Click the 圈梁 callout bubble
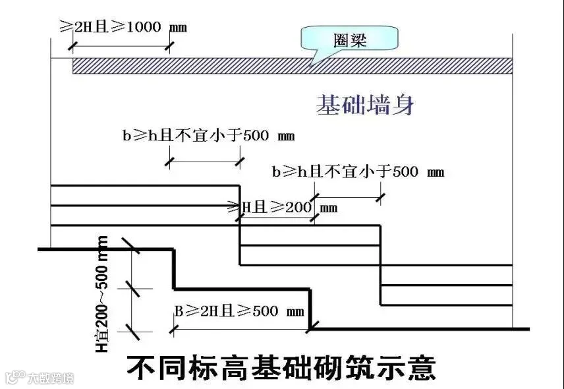[349, 38]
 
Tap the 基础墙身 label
[365, 105]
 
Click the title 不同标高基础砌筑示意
[281, 367]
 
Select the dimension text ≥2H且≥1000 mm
[123, 27]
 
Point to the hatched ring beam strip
[293, 66]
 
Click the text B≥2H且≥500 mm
[240, 311]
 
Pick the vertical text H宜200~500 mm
[101, 294]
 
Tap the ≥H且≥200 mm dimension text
[283, 207]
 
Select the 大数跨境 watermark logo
[40, 378]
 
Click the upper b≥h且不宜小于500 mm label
[209, 136]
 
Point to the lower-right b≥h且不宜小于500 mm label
[358, 171]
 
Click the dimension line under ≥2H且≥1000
[121, 46]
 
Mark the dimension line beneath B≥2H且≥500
[241, 329]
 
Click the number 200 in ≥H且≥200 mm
[298, 207]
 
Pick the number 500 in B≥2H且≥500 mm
[266, 311]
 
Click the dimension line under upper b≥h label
[205, 162]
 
